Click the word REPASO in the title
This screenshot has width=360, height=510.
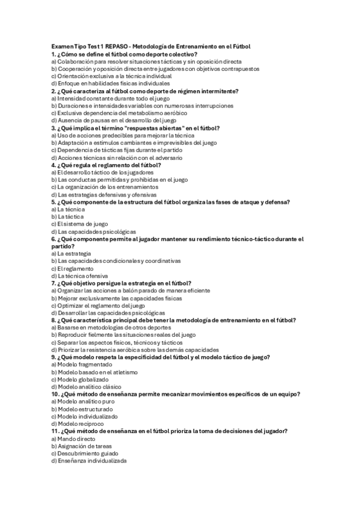click(x=117, y=46)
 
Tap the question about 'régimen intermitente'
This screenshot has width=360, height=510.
click(x=145, y=91)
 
